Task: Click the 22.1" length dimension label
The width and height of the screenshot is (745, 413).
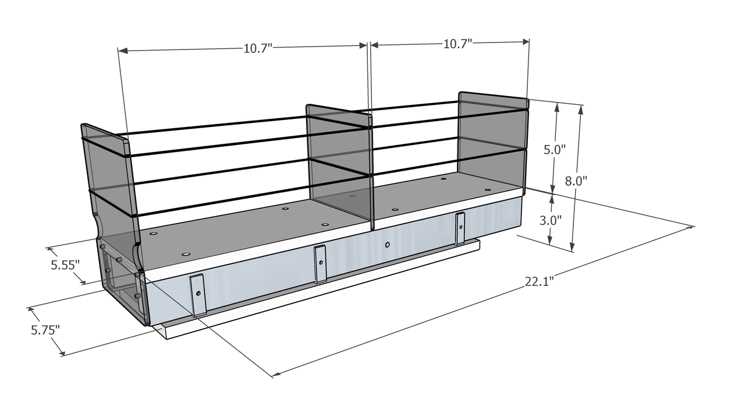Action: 539,282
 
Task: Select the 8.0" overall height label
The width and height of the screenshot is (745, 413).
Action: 576,181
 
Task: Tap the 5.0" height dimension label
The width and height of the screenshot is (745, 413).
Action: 554,149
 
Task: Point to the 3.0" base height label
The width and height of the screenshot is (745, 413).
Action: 551,221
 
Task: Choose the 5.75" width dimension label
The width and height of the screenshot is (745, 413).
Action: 45,330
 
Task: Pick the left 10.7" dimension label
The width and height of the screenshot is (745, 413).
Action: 258,48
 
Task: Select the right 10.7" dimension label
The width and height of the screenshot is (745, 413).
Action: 457,44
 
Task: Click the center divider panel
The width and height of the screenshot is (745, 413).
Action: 339,163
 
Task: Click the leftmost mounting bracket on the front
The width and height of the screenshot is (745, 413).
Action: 198,294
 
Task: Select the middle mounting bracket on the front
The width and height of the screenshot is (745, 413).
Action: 320,264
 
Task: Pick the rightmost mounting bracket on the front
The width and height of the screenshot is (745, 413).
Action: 460,228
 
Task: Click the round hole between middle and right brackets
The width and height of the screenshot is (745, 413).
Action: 388,244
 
